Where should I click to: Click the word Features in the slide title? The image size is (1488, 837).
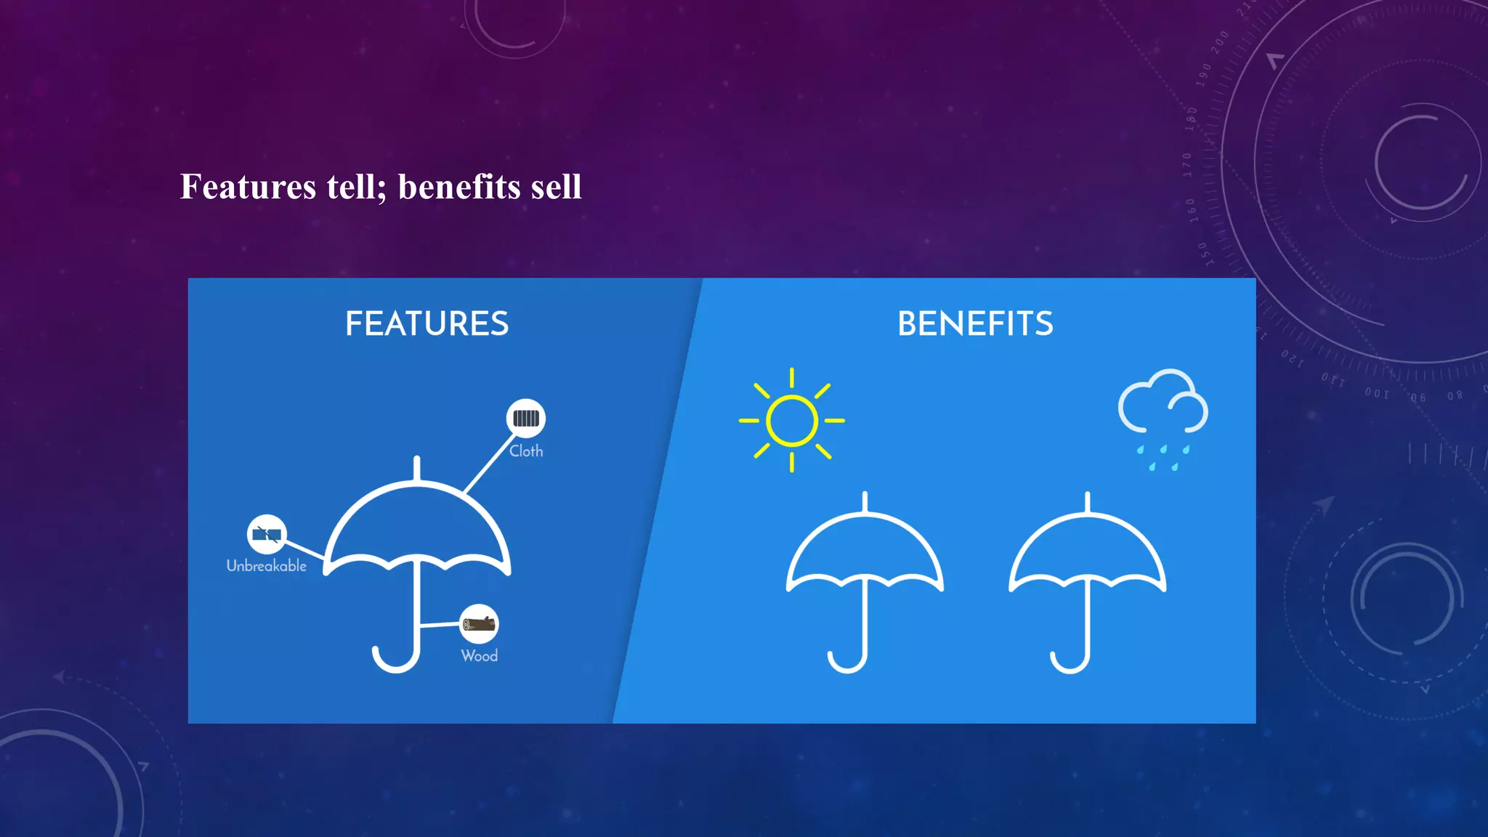pos(248,187)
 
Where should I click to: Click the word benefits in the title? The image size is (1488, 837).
pos(459,187)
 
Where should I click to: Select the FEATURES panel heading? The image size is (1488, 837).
pos(426,324)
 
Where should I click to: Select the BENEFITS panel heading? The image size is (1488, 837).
pos(975,324)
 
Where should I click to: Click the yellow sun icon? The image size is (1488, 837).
pos(792,420)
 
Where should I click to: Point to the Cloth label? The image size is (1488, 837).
pos(526,451)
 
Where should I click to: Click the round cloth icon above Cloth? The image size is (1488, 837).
pos(525,418)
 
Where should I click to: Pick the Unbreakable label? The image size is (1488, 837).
pos(267,566)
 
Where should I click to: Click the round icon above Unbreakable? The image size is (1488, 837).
pos(267,535)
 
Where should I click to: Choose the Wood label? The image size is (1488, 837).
pos(480,656)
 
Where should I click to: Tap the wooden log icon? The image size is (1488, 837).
pos(480,623)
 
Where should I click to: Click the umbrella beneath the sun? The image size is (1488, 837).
pos(864,567)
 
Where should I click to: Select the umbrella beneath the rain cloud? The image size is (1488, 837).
pos(1087,567)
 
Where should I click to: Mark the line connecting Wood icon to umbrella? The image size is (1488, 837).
pos(440,624)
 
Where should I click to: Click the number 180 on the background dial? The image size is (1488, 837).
pos(1190,118)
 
